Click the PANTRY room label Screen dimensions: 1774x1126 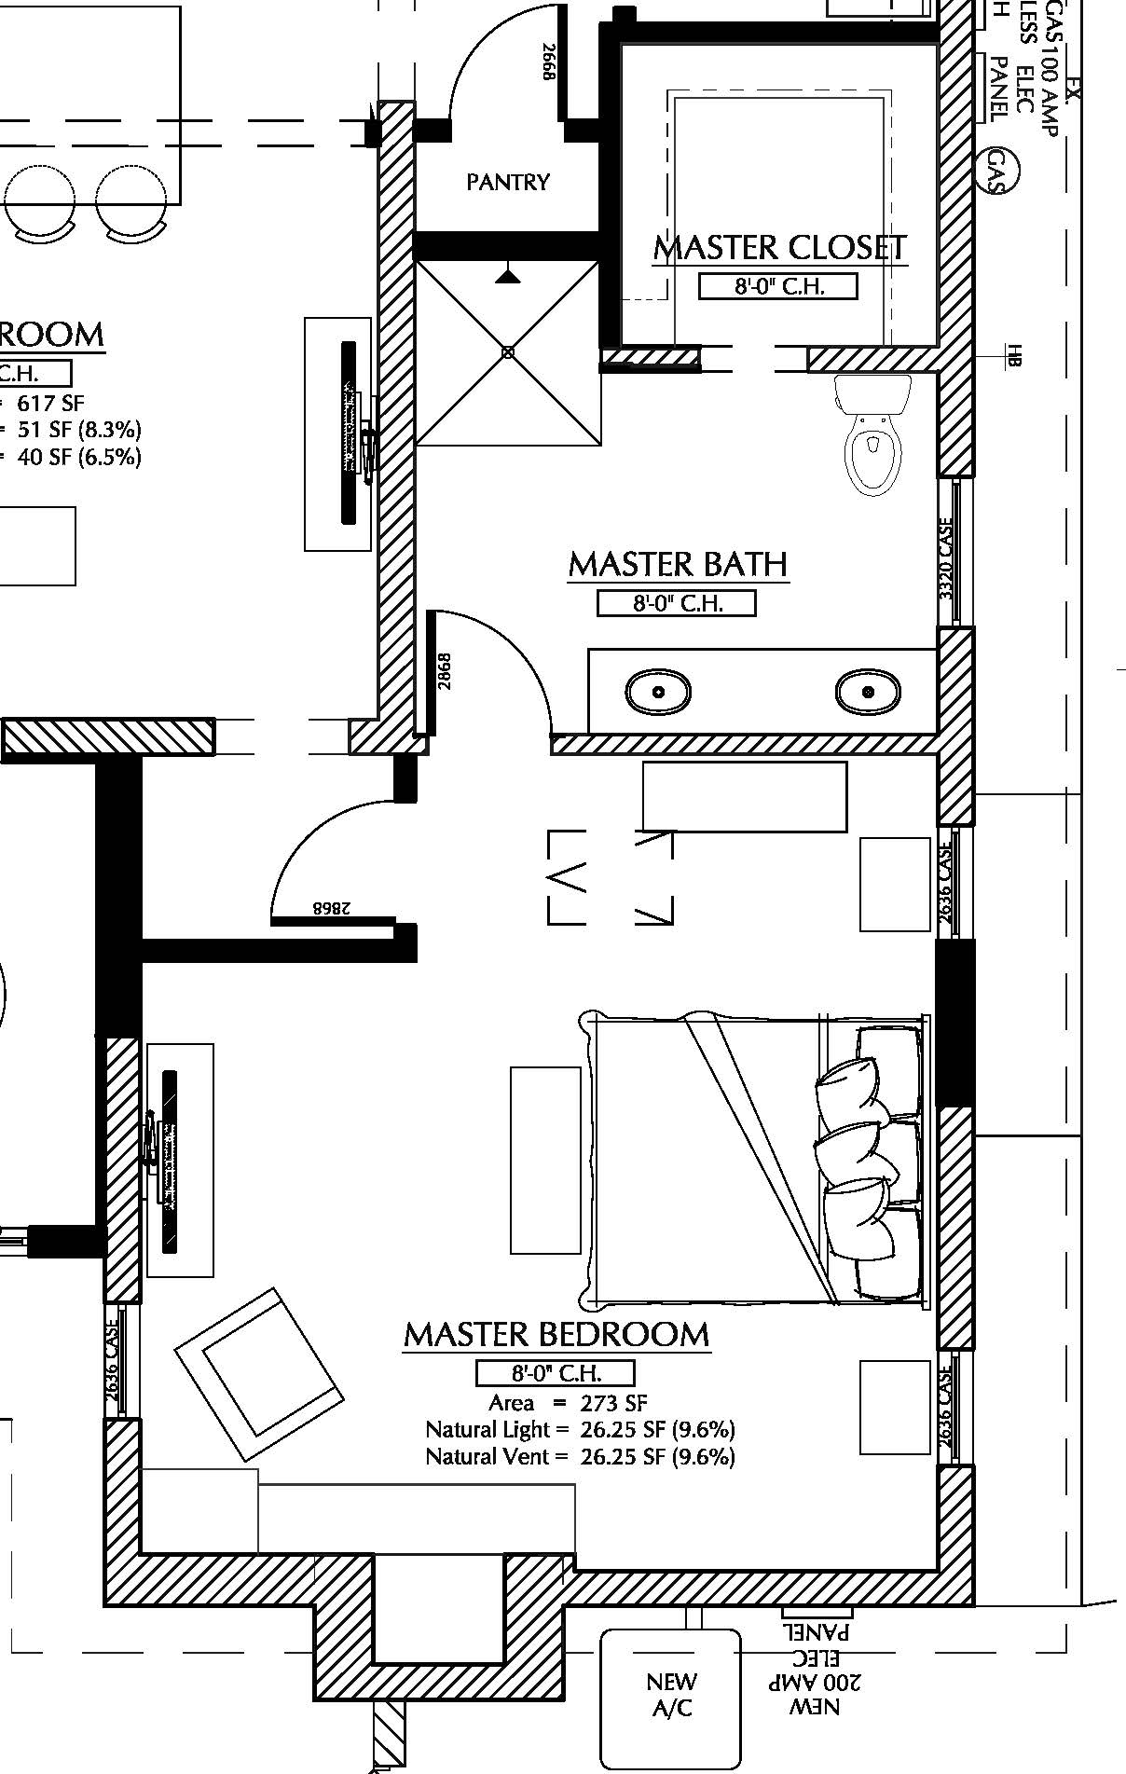508,182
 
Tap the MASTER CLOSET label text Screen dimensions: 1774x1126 779,248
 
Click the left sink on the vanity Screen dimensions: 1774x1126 658,693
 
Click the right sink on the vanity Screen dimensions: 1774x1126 868,693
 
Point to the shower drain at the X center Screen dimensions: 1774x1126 508,352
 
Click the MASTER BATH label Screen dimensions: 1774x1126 678,564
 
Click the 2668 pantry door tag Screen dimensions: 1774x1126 549,62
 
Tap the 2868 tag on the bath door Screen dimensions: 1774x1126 445,670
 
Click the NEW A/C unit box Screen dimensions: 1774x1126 671,1696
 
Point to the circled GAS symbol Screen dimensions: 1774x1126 1002,171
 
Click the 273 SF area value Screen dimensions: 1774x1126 612,1403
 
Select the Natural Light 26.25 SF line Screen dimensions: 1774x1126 580,1430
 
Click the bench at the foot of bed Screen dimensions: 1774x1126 545,1160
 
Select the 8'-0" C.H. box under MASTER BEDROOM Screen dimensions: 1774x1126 556,1373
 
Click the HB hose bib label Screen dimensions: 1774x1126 1015,355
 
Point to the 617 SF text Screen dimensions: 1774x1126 51,403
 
